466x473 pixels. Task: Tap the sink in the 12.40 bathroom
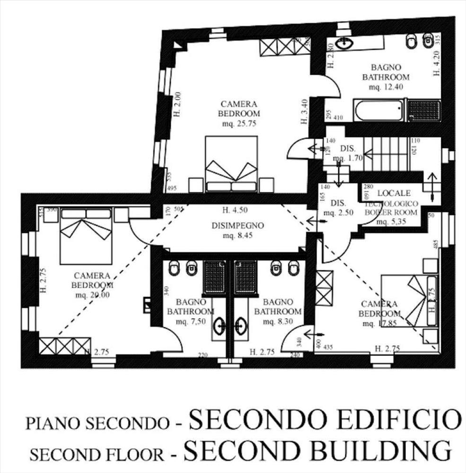pos(344,44)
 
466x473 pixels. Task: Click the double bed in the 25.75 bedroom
pos(231,164)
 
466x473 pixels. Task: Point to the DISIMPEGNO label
pos(238,225)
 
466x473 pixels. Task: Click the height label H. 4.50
pos(235,210)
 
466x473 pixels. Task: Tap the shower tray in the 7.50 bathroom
pos(215,277)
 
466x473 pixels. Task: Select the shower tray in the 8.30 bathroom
pos(245,277)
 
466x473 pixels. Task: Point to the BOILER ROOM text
pos(391,212)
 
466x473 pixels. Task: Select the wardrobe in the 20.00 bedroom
pos(65,346)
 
